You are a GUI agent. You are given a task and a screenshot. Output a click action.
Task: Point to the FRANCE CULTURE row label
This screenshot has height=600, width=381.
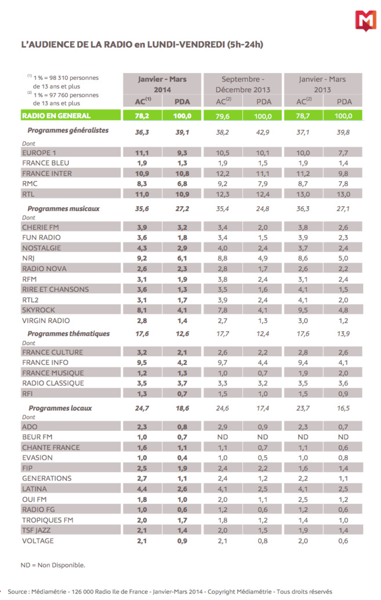point(52,352)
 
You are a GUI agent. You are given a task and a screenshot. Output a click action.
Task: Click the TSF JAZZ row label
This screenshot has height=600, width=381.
point(41,531)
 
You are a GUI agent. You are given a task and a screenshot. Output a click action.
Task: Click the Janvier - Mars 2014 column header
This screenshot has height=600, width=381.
point(162,85)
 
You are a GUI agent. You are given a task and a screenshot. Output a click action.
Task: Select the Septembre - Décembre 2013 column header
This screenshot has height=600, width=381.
point(242,85)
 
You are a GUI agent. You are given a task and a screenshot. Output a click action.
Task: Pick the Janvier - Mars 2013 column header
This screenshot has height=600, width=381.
point(322,85)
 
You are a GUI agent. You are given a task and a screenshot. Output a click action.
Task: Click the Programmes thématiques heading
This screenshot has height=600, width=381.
point(68,334)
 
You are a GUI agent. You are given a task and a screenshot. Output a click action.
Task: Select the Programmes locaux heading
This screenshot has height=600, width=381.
point(60,408)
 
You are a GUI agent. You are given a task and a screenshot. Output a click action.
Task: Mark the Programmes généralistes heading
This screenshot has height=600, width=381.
point(68,131)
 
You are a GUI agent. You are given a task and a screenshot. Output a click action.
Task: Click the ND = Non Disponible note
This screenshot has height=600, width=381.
point(52,565)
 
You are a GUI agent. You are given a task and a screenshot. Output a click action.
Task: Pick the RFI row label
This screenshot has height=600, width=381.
point(28,394)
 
